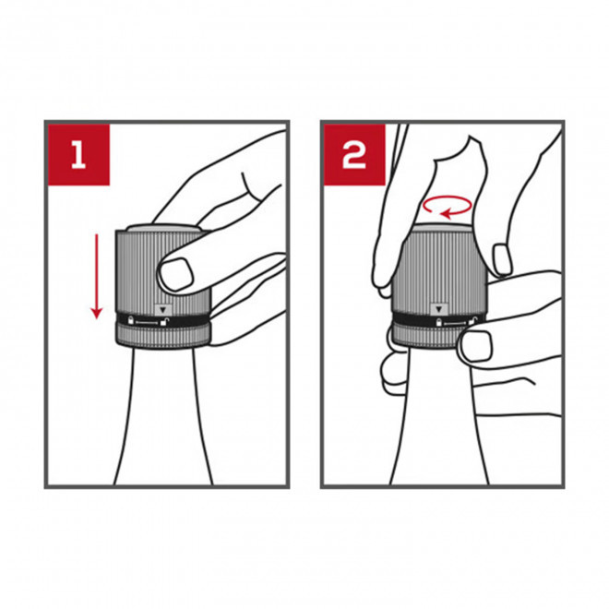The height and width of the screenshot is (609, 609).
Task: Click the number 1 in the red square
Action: tap(78, 154)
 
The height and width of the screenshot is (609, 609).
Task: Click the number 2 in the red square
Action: tap(354, 155)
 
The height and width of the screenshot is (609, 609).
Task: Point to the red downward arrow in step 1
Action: tap(96, 276)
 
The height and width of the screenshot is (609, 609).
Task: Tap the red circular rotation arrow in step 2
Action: tap(448, 207)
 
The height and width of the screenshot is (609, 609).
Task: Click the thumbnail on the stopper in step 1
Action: tap(176, 273)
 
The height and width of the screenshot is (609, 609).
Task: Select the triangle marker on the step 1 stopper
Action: tap(163, 310)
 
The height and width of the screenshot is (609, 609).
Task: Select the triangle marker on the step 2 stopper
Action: tap(439, 309)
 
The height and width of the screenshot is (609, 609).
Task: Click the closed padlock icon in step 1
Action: tap(131, 320)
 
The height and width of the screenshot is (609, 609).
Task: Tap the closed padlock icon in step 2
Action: tap(439, 322)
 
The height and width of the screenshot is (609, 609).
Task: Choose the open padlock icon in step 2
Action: tap(473, 320)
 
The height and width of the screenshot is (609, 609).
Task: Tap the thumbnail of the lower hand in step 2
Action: tap(476, 346)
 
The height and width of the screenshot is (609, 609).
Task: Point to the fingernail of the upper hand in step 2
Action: tap(502, 259)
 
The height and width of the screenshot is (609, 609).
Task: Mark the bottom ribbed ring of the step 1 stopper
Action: tap(163, 336)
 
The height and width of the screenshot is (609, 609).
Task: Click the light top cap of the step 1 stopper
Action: tap(162, 228)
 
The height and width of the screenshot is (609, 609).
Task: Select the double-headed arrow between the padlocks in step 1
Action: tap(147, 322)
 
